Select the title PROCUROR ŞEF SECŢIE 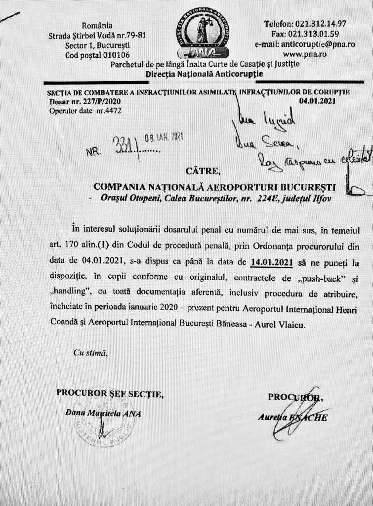point(109,393)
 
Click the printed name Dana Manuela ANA point(103,413)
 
